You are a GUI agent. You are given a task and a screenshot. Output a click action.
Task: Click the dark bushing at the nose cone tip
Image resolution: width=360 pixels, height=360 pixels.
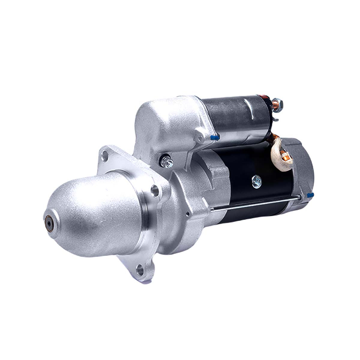[48, 221]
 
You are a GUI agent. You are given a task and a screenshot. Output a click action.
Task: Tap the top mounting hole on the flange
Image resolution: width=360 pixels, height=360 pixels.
[105, 155]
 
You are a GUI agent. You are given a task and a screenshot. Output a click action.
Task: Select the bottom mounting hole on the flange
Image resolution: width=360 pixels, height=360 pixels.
[139, 269]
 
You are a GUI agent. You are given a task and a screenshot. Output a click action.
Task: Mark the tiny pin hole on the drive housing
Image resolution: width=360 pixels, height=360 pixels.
[187, 214]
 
